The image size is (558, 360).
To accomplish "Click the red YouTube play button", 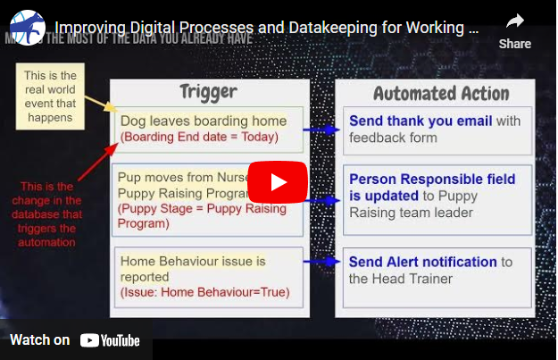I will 278,182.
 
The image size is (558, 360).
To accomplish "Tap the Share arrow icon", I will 514,21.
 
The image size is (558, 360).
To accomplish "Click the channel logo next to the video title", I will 27,28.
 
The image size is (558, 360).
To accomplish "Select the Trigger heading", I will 208,92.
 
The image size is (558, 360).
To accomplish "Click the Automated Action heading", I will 441,94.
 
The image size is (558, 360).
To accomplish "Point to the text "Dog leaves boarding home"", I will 204,121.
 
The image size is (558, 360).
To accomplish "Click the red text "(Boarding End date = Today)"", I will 200,137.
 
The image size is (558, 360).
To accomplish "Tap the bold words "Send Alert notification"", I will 422,262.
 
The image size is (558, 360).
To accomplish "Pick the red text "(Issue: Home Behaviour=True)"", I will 205,292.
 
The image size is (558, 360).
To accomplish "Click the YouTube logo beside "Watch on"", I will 110,340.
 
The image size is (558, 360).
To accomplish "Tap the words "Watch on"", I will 39,340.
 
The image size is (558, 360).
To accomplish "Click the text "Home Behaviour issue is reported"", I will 192,268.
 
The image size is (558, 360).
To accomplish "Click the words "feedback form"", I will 393,138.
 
